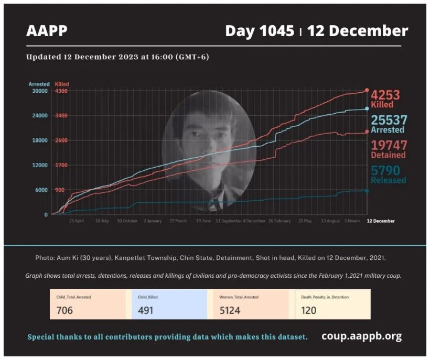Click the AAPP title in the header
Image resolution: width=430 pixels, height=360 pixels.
47,31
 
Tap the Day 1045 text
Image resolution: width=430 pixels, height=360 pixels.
259,31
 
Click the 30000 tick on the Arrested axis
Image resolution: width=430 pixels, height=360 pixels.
39,91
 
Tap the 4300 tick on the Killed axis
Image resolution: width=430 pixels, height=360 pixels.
61,91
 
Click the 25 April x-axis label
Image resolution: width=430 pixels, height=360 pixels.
76,221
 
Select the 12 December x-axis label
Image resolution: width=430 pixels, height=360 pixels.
380,221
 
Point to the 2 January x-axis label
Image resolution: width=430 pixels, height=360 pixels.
152,221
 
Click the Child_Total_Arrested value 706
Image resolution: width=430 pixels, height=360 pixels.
64,310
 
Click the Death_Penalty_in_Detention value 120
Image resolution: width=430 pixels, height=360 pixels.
309,310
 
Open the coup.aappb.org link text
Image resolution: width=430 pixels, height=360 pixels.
361,336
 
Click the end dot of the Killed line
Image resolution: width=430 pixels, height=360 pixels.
367,91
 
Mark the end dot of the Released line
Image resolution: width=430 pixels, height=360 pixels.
367,191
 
